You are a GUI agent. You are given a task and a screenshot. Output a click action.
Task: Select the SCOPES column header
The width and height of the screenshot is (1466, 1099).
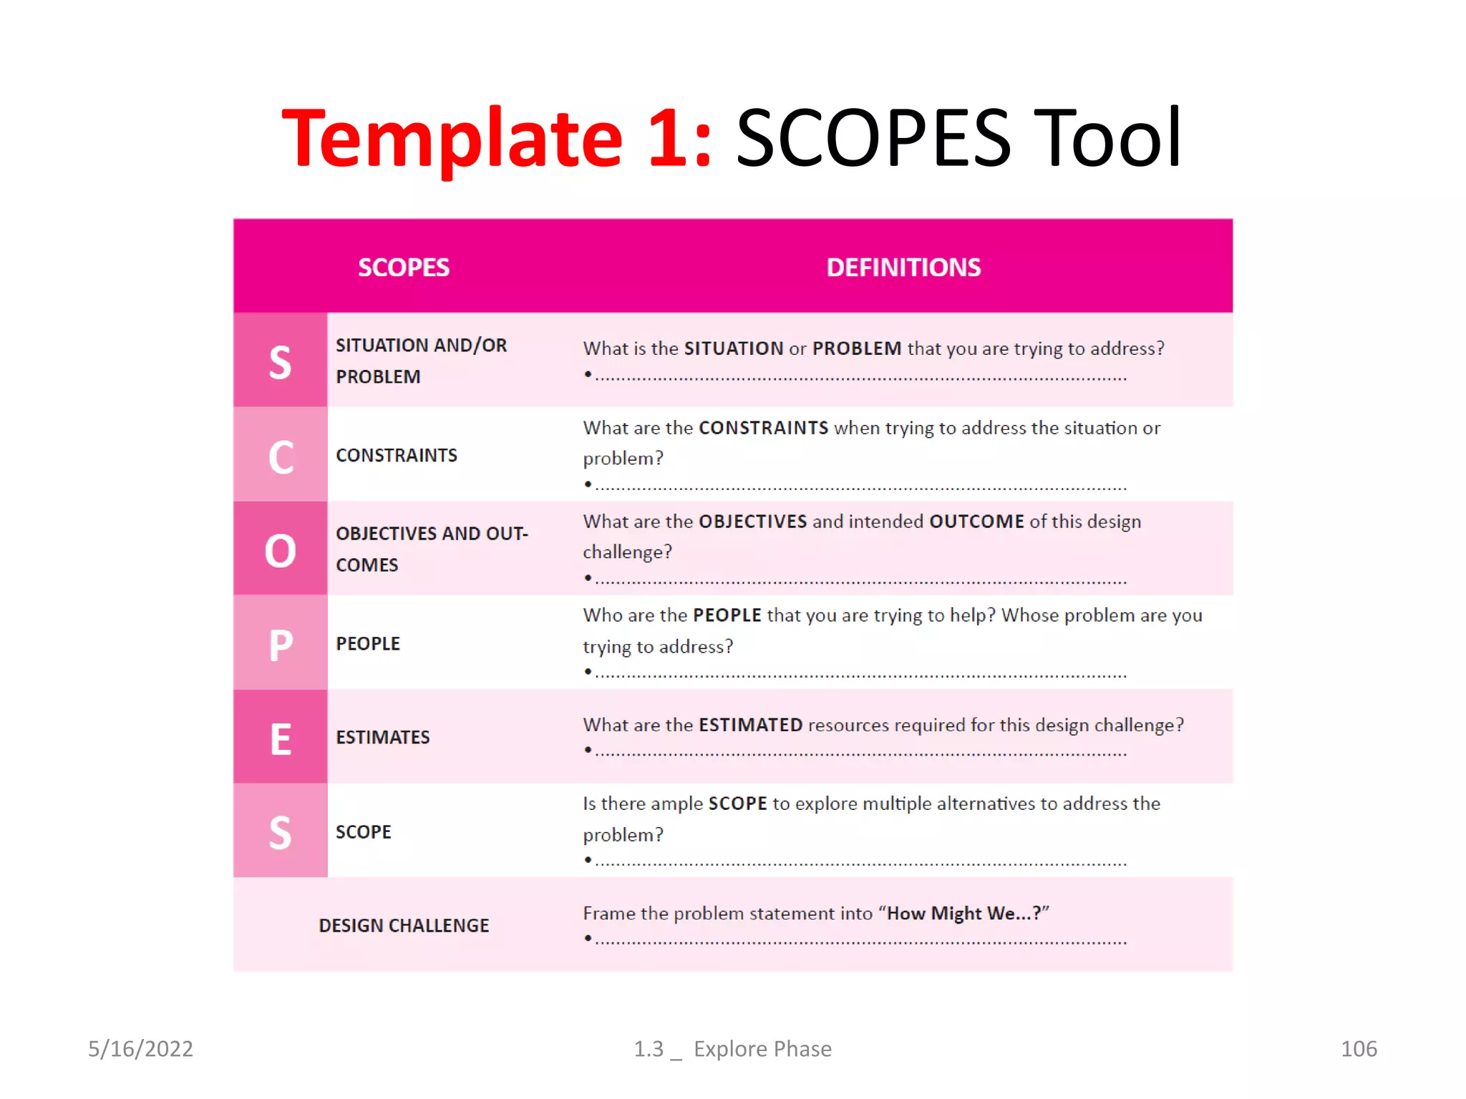(x=404, y=268)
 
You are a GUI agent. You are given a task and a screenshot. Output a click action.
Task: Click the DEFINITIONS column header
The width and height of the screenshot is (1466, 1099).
(x=903, y=268)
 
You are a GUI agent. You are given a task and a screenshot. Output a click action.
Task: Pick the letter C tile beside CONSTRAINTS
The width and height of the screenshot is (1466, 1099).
(x=281, y=456)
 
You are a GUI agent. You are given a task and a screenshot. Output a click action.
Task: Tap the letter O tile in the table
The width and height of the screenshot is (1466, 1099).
(x=281, y=550)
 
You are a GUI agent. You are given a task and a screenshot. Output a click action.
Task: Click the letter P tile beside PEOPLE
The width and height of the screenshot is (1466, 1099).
(x=281, y=644)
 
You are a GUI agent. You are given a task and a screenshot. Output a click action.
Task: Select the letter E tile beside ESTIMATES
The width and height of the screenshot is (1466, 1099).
(x=281, y=738)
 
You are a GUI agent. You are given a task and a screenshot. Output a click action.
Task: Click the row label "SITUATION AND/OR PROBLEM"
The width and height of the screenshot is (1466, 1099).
(x=421, y=361)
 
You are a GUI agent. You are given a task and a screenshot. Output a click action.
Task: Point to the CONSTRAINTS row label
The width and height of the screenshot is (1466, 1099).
(x=397, y=456)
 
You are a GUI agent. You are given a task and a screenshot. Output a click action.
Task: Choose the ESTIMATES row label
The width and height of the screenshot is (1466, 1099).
(x=383, y=738)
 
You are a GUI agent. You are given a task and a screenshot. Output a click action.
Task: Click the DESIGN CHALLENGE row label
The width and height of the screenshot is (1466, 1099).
(x=404, y=926)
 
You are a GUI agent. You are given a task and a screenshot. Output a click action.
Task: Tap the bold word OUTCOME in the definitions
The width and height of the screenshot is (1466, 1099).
(x=976, y=522)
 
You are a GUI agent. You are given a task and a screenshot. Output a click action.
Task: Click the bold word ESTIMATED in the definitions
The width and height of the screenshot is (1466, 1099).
(x=750, y=726)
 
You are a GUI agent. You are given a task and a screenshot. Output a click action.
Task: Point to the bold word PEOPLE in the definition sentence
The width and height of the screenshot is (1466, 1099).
(x=727, y=615)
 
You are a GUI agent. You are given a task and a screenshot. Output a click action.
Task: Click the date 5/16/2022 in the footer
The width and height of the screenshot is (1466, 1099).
(x=140, y=1049)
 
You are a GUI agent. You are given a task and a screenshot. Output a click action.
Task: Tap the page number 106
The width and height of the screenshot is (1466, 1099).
(x=1359, y=1049)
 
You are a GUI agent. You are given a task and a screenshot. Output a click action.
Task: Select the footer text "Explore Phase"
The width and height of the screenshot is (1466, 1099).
(x=762, y=1049)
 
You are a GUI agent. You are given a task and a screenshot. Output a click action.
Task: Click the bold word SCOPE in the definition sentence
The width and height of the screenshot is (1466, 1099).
(x=737, y=804)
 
